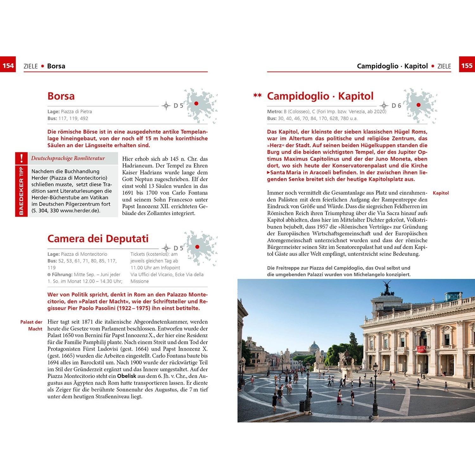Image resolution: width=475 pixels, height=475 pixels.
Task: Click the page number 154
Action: point(8,66)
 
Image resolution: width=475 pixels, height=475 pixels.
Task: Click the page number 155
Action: point(467,66)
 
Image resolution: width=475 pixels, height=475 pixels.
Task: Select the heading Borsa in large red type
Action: point(61,96)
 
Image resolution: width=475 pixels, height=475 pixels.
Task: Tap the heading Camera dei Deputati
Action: point(98,238)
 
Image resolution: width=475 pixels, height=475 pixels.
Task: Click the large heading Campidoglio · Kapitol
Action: point(320,96)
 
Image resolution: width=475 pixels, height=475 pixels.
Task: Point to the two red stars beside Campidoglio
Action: point(257,95)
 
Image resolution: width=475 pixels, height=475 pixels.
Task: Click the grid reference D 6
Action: point(396,106)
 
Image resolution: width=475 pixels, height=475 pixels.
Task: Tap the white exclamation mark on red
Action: point(21,158)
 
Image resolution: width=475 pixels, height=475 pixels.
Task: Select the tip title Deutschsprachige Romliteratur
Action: point(68,158)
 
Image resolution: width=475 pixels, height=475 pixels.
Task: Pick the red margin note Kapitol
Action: point(441,193)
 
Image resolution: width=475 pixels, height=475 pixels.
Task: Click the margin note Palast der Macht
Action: point(32,325)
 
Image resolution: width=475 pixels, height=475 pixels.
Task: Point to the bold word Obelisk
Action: point(127,376)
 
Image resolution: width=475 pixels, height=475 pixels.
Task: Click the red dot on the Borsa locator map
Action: point(196,104)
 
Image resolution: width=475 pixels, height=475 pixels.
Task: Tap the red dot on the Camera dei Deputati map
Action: point(197,247)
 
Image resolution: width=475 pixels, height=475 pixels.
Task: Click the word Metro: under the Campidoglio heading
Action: point(275,111)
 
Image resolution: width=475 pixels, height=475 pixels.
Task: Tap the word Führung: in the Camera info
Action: point(62,275)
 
